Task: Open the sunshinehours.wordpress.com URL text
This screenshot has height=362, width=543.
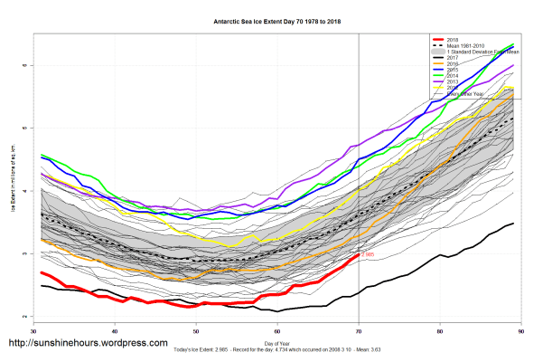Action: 88,344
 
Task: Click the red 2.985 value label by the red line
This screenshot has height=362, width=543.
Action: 369,255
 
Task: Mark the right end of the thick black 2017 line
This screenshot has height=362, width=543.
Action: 514,223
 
